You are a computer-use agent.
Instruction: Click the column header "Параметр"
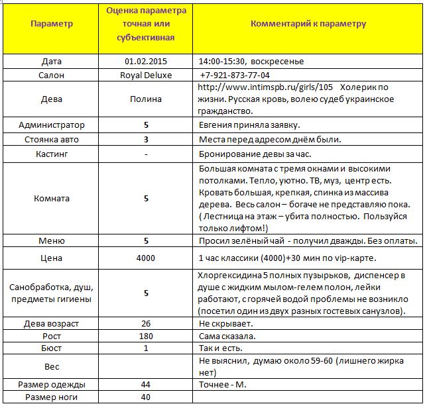click(52, 24)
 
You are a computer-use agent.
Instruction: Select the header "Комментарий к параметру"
click(308, 23)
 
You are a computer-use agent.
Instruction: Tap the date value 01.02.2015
click(146, 62)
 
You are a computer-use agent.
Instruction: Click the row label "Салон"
click(52, 75)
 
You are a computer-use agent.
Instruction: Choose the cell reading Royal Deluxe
click(146, 75)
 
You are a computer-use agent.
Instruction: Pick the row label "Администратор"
click(52, 125)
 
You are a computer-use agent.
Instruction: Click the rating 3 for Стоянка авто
click(146, 139)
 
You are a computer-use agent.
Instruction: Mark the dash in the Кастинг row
click(146, 154)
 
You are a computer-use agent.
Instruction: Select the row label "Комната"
click(52, 197)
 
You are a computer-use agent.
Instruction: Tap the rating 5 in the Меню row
click(146, 240)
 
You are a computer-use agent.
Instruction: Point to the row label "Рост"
click(52, 336)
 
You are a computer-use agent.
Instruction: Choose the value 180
click(146, 336)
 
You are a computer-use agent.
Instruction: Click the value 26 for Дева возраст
click(146, 323)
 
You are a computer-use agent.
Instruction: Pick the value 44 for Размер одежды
click(146, 384)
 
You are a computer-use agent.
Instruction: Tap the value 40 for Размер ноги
click(146, 397)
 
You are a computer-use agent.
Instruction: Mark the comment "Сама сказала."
click(227, 336)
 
